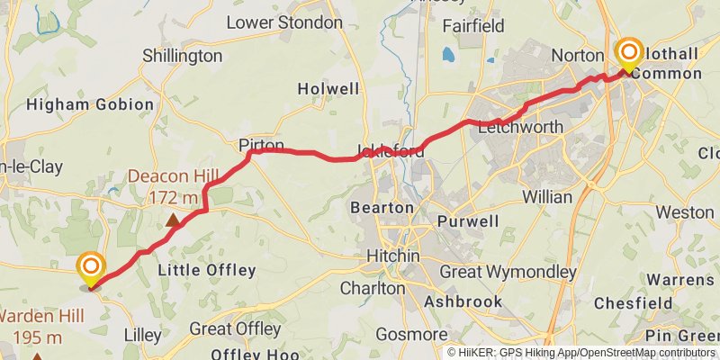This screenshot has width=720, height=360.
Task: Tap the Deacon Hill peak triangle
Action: pos(172,220)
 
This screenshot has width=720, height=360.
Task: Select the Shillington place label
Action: pos(182,56)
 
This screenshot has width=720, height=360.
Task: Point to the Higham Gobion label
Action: pos(90,104)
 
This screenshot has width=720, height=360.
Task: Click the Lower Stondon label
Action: pos(284,22)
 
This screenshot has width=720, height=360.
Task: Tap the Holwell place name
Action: pos(328,89)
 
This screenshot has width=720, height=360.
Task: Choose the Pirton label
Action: pos(262,145)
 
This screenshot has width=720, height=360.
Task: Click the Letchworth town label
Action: pos(521,127)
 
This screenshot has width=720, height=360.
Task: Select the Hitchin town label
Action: pos(393,256)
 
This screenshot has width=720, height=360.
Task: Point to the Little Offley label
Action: pos(206,270)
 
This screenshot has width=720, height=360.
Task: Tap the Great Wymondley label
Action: pos(508,271)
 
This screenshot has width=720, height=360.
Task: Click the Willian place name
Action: pos(546,196)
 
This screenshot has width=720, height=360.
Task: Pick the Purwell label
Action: pos(467,221)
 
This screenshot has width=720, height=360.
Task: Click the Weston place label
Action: pos(684,212)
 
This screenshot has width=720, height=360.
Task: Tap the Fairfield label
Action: pos(473,26)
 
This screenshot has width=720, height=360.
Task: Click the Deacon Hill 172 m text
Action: pos(163,186)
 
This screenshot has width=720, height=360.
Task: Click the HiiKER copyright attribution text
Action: pos(580,352)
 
